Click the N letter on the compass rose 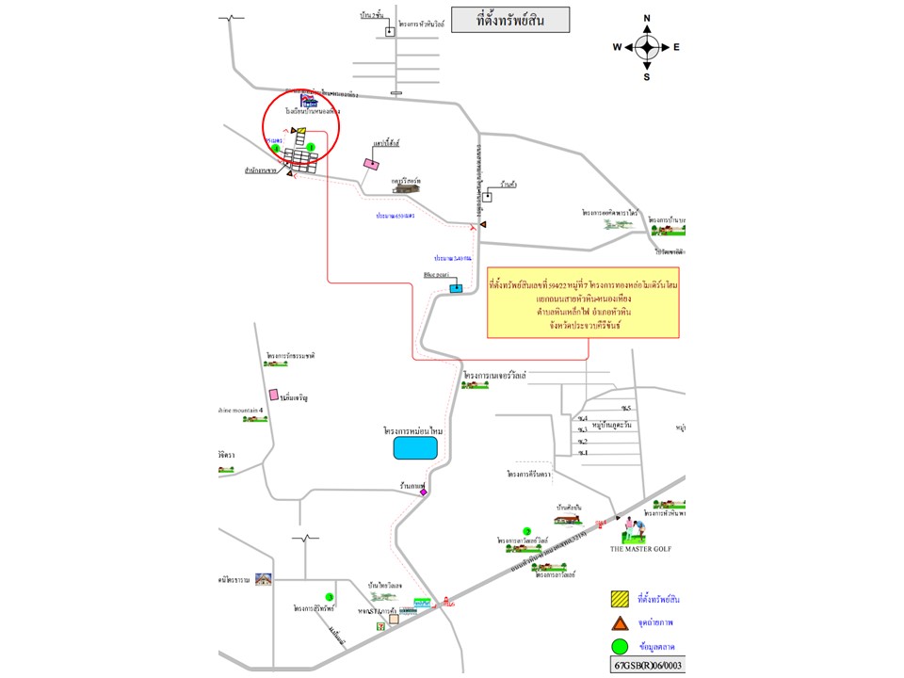(647, 18)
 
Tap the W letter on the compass (617, 47)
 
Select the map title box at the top (510, 20)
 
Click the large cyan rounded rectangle (416, 447)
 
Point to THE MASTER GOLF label (640, 549)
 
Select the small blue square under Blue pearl (456, 288)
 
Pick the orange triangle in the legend (619, 622)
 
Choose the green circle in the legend (619, 646)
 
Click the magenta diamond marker (424, 492)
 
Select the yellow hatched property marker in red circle (299, 132)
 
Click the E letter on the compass (676, 47)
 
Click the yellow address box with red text (583, 302)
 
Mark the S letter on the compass (647, 77)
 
